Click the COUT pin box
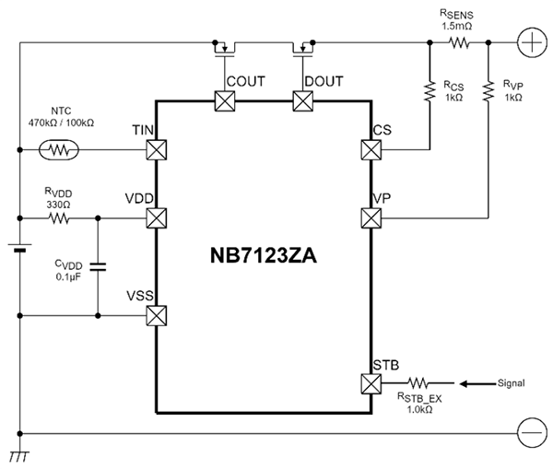(x=224, y=100)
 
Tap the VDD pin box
(x=157, y=218)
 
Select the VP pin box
(x=371, y=218)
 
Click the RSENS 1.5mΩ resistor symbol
(x=458, y=42)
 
